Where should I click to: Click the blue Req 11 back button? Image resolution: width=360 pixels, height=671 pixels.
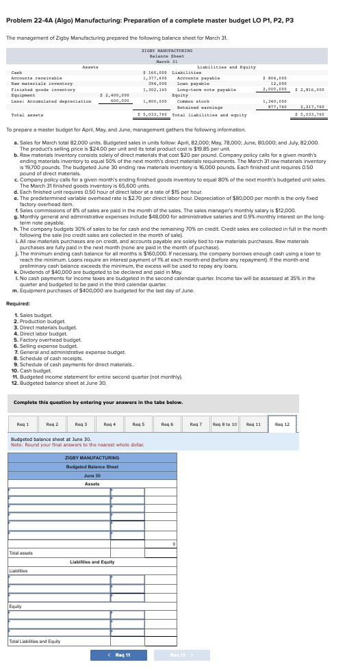pos(118,655)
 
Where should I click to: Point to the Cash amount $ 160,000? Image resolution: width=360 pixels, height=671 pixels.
pos(154,71)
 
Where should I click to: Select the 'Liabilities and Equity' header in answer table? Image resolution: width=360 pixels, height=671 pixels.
pos(92,561)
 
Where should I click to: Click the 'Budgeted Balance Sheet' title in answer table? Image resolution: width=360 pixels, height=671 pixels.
pos(92,447)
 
